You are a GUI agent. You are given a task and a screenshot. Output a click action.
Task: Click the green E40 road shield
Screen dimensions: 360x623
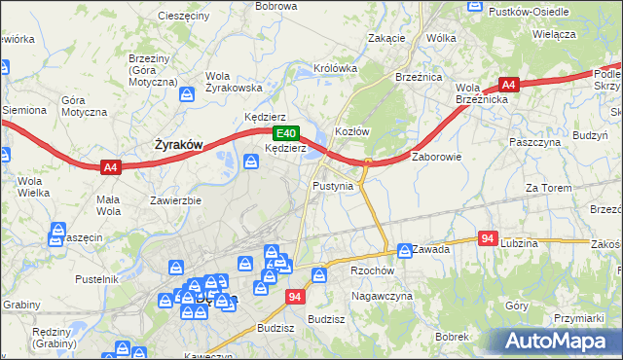tap(284, 133)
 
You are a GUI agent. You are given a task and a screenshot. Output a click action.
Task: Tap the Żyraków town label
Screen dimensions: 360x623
tap(179, 145)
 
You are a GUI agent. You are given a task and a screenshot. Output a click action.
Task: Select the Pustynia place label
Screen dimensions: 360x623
tap(333, 185)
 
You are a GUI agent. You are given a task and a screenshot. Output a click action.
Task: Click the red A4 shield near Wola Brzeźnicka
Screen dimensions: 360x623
tap(508, 85)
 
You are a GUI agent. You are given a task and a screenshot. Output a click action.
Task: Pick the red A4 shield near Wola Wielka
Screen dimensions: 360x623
tap(111, 167)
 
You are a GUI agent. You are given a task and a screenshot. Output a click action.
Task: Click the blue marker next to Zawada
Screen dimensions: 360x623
tap(404, 250)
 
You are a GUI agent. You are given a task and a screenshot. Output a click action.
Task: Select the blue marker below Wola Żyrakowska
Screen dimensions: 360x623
tap(187, 94)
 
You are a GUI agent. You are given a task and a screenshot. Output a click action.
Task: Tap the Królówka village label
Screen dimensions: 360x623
tap(335, 69)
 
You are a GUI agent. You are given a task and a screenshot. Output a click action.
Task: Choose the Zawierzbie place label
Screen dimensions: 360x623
tap(175, 200)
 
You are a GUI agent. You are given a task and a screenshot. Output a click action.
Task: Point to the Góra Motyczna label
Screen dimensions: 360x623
tap(84, 106)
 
